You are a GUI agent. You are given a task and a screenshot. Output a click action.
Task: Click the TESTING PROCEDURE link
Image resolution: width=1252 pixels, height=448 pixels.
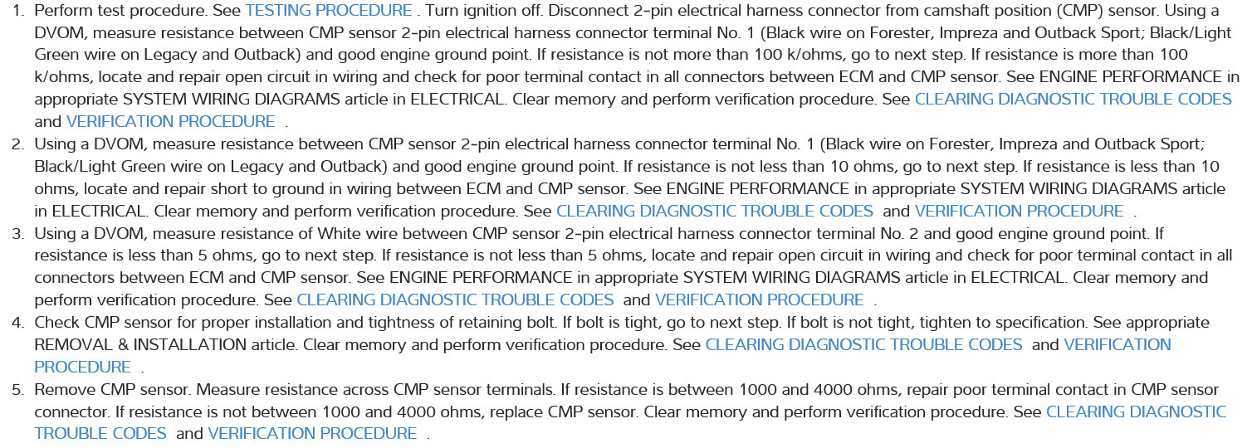click(329, 10)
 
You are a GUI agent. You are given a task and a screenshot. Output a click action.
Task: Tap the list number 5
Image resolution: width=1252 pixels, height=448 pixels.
click(17, 389)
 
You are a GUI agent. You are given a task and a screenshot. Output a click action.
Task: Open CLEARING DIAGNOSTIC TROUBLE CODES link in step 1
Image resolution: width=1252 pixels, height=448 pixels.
click(1073, 99)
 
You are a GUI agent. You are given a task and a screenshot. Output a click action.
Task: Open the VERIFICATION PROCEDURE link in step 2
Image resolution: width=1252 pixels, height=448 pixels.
click(1019, 211)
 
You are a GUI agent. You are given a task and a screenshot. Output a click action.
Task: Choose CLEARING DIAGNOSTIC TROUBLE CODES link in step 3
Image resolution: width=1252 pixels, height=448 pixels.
click(455, 299)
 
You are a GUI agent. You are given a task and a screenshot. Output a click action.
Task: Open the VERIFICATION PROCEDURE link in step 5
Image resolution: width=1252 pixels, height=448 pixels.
click(312, 434)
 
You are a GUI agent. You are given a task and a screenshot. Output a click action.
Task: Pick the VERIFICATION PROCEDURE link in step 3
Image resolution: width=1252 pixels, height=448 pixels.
click(759, 299)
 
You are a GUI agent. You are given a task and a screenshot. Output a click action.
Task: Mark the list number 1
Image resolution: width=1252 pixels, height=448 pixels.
click(17, 10)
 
